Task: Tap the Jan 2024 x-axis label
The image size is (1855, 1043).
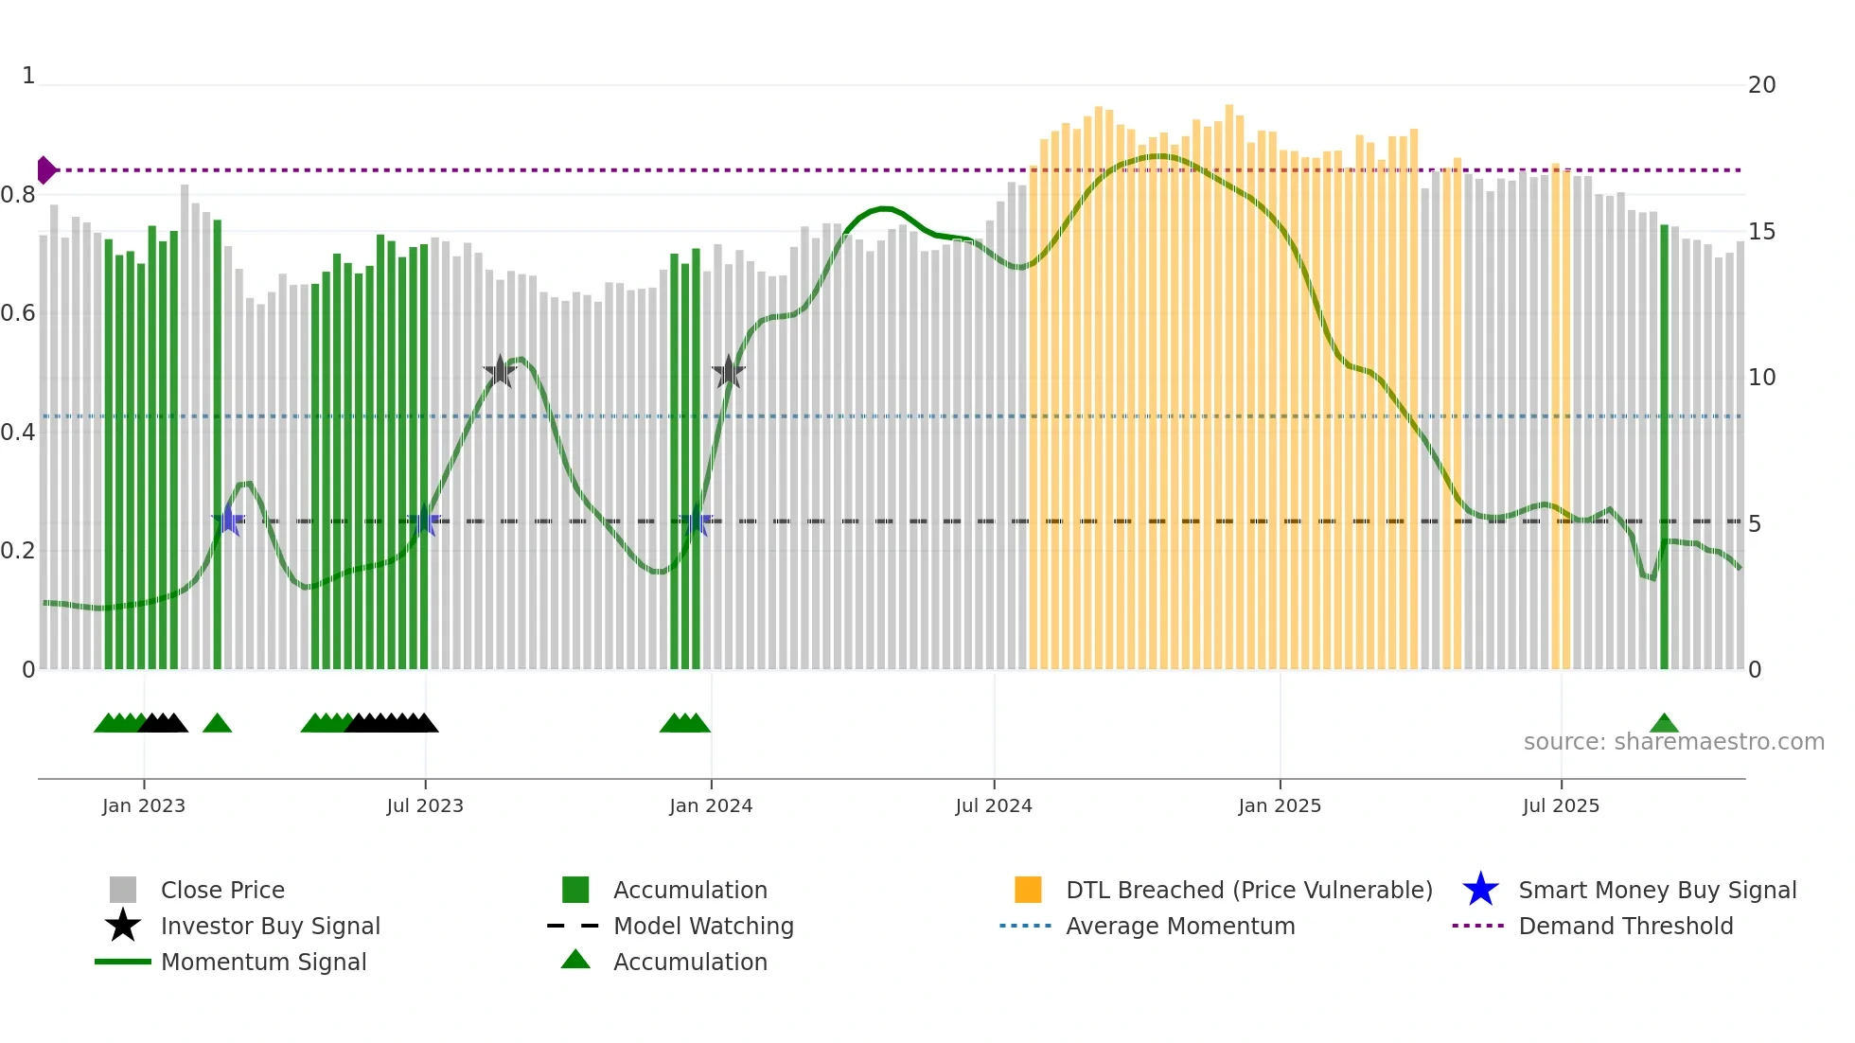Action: (711, 805)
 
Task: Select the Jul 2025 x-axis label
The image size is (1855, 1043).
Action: (1561, 805)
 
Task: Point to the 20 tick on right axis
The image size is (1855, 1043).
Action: (1761, 85)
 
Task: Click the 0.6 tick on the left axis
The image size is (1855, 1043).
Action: (19, 313)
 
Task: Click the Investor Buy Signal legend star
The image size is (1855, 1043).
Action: (123, 926)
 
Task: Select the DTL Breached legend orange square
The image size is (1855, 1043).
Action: (1028, 890)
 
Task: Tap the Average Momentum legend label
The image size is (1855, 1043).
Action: (1180, 926)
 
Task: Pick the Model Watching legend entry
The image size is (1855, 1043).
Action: (702, 926)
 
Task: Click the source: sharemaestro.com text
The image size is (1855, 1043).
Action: (1673, 742)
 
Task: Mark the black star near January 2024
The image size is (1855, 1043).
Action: (729, 372)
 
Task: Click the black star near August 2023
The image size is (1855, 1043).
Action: (500, 371)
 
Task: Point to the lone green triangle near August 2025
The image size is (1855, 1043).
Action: (1664, 724)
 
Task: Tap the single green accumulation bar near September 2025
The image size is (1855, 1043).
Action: (1665, 445)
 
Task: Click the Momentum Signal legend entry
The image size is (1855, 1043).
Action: (263, 962)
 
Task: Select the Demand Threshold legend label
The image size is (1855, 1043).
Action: (1625, 926)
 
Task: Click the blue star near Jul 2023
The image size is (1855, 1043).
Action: (423, 521)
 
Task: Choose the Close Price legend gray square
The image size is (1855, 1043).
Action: (123, 890)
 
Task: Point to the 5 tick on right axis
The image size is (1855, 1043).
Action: (1755, 524)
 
